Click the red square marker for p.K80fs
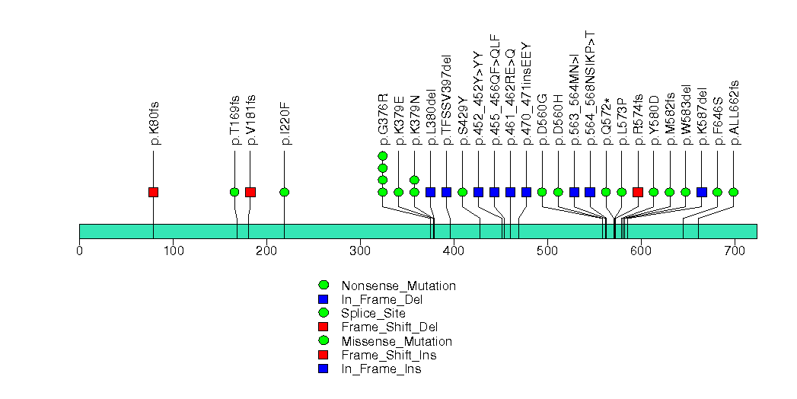[x=153, y=192]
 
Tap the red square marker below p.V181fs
[x=250, y=192]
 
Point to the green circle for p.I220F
[x=284, y=192]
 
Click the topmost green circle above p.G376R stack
[x=383, y=156]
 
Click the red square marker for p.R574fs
[x=638, y=192]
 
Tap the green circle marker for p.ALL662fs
[x=734, y=192]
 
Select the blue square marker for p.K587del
[x=702, y=192]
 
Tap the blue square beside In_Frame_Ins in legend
[x=323, y=369]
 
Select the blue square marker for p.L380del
[x=431, y=192]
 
